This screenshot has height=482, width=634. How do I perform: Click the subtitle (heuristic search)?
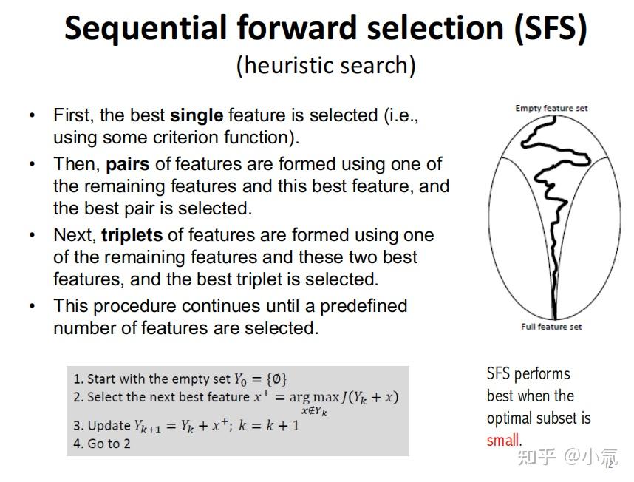(x=326, y=65)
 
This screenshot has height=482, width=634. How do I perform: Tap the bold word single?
(x=196, y=115)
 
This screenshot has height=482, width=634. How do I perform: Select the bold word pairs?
(x=126, y=164)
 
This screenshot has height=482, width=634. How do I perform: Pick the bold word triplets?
(x=132, y=235)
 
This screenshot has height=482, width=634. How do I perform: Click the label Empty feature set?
(x=551, y=108)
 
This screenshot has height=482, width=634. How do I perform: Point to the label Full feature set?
(x=551, y=327)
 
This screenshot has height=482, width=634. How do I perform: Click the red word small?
(x=502, y=440)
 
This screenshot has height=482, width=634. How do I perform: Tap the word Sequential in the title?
(x=146, y=28)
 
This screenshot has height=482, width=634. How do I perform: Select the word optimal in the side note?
(x=509, y=418)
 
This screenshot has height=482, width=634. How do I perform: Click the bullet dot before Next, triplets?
(x=32, y=235)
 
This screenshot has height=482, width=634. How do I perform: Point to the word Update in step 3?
(x=109, y=426)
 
